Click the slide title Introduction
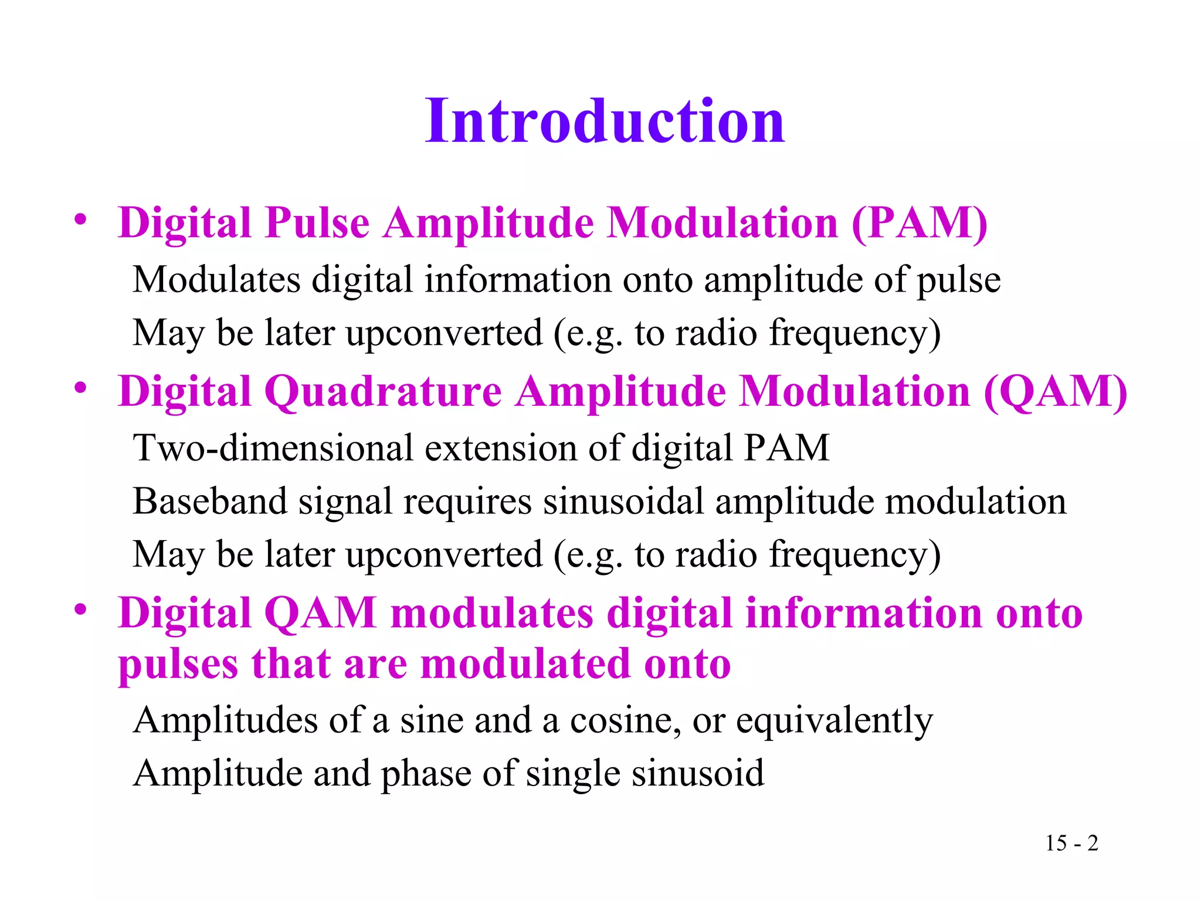click(x=605, y=121)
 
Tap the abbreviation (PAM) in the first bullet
click(x=919, y=223)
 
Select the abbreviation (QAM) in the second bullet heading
click(x=1055, y=392)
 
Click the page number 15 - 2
click(x=1071, y=843)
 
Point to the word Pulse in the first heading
click(x=317, y=223)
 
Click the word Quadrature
click(x=383, y=392)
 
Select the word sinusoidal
click(x=623, y=502)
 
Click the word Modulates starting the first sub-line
click(x=216, y=279)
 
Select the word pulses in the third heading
click(x=178, y=665)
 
